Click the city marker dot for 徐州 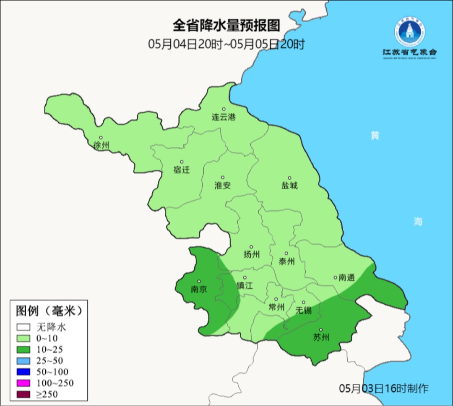tap(101, 137)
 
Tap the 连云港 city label tap(224, 117)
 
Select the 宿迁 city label tap(182, 170)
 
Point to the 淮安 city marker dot tap(223, 177)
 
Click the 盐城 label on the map tap(289, 185)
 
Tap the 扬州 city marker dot tap(251, 247)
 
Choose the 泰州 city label tap(286, 262)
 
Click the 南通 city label tap(347, 277)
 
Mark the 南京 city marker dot tap(199, 282)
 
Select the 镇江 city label tap(245, 285)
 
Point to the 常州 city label tap(276, 307)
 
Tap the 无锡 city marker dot tap(304, 302)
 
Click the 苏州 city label tap(321, 337)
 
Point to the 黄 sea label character tap(375, 136)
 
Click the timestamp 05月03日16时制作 tap(384, 388)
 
